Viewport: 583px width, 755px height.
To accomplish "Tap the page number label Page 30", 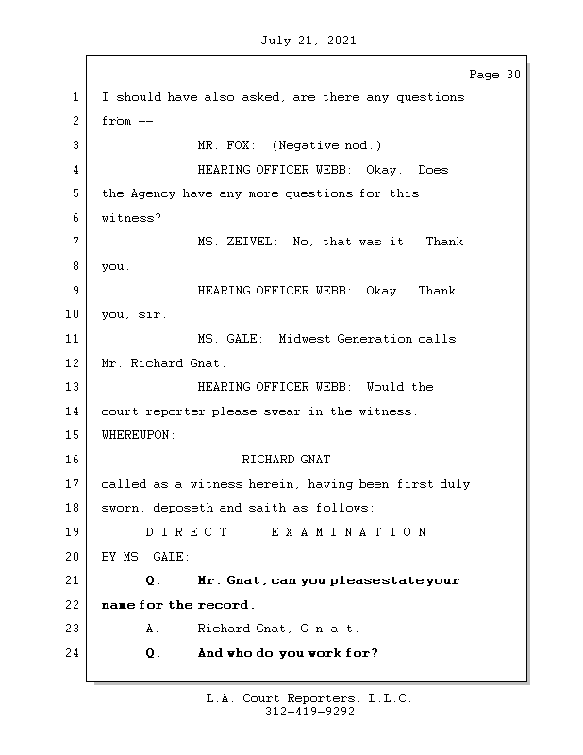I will (x=494, y=75).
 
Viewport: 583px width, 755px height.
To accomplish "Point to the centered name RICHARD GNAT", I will (x=286, y=460).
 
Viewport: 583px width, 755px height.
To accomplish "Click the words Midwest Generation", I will (x=345, y=339).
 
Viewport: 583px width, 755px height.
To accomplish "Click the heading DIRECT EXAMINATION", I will (x=286, y=532).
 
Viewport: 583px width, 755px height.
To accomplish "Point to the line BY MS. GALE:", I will (x=145, y=557).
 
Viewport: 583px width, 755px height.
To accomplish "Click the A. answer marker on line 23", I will (x=154, y=629).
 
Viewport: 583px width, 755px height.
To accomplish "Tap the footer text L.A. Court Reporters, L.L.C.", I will (x=308, y=698).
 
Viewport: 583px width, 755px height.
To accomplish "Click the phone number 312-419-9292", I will (x=308, y=713).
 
